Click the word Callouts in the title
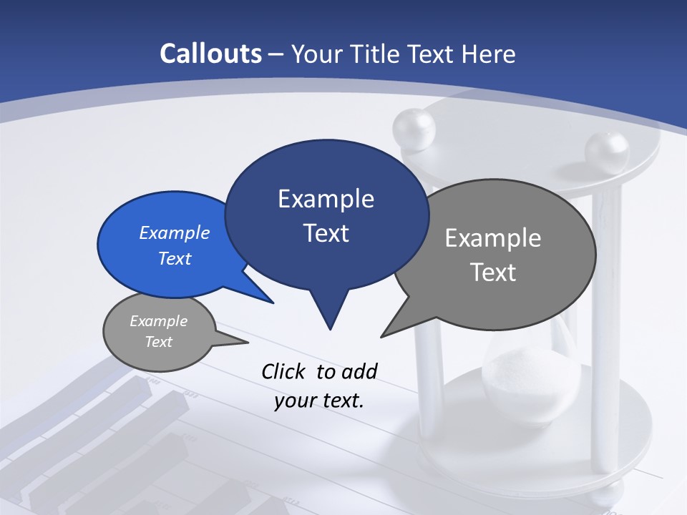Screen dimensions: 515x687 211,54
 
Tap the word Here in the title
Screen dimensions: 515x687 489,54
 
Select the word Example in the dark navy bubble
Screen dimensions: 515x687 326,199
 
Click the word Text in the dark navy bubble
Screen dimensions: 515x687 326,233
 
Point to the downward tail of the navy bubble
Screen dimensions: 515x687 329,315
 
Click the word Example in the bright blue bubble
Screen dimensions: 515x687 175,232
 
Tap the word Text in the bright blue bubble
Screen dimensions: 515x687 175,258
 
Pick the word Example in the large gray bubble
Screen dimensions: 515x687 493,238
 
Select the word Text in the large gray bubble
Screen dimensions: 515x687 493,273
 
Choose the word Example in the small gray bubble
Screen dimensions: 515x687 159,321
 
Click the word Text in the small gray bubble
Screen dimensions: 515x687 159,342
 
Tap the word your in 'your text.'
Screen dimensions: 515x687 295,401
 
